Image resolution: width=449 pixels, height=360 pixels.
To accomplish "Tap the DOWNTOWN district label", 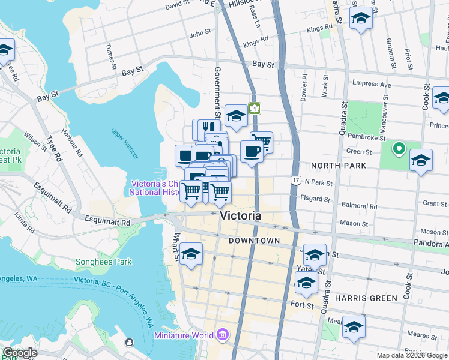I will pyautogui.click(x=255, y=241).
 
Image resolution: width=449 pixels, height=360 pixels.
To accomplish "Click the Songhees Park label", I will pyautogui.click(x=103, y=262).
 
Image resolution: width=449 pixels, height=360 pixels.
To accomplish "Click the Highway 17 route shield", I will pyautogui.click(x=295, y=180).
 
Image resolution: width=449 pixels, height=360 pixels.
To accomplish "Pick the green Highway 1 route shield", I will pyautogui.click(x=255, y=109).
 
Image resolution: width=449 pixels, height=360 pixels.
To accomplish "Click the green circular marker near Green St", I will pyautogui.click(x=397, y=148).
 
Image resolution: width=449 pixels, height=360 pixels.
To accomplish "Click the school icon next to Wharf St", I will pyautogui.click(x=191, y=254).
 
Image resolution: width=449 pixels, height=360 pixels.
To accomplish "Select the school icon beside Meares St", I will pyautogui.click(x=354, y=327).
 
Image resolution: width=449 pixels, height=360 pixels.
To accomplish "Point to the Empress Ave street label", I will pyautogui.click(x=372, y=85).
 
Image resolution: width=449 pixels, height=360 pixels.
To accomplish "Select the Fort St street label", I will pyautogui.click(x=302, y=305).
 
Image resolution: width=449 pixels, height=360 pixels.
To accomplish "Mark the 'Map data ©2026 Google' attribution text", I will pyautogui.click(x=411, y=355).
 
